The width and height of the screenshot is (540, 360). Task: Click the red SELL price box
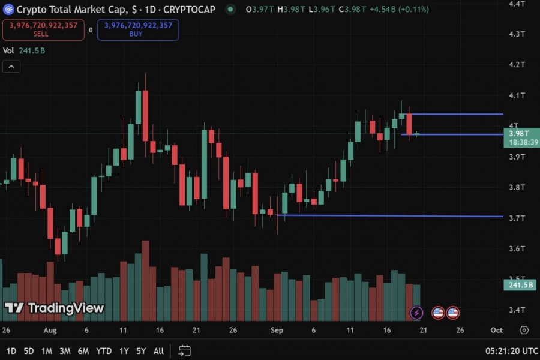[43, 29]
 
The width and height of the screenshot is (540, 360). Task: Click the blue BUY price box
[138, 29]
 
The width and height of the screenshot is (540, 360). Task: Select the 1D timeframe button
[11, 350]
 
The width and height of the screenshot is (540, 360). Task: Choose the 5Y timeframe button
[141, 350]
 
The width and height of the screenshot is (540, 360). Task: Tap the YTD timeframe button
[104, 350]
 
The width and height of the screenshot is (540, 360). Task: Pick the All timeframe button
[158, 350]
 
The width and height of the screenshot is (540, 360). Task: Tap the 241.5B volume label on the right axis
[520, 285]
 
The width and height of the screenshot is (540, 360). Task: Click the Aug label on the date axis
[50, 330]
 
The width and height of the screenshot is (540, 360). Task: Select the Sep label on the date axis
[277, 330]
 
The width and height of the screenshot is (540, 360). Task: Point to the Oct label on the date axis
[496, 330]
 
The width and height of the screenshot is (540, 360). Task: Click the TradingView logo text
[65, 308]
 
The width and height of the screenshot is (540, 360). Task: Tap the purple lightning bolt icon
[417, 313]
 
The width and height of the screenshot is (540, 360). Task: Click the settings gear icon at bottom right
[524, 330]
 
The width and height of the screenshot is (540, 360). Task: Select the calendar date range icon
[184, 350]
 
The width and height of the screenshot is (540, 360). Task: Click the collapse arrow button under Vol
[11, 66]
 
